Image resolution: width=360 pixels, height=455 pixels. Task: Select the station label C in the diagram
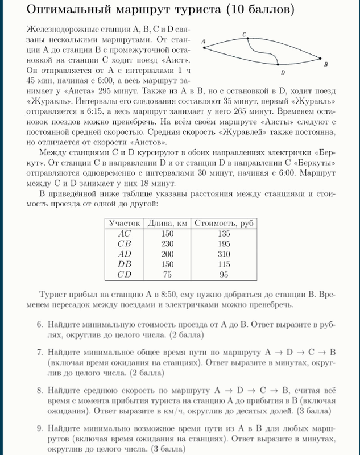point(244,35)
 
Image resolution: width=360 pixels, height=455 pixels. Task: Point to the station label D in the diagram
point(283,73)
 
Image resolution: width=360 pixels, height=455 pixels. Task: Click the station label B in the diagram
point(325,65)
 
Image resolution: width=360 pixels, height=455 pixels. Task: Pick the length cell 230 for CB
point(168,243)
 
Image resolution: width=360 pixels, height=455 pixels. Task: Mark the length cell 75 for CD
point(168,274)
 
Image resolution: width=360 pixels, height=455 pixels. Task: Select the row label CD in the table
point(124,274)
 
